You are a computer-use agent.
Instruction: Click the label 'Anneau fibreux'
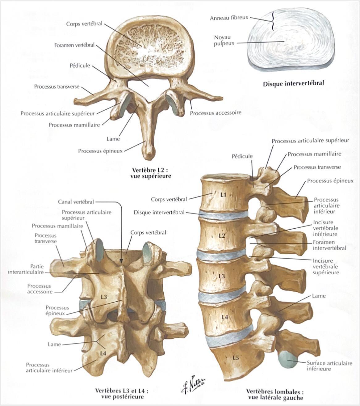click(x=229, y=18)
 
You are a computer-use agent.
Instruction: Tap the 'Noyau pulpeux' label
click(x=224, y=40)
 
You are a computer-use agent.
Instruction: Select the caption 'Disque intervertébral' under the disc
click(x=293, y=83)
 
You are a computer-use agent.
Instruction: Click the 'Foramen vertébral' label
click(x=74, y=45)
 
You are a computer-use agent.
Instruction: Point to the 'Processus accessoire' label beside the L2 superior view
click(x=216, y=113)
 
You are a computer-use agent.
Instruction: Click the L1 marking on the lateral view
click(x=223, y=195)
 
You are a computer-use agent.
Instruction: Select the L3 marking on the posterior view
click(x=104, y=297)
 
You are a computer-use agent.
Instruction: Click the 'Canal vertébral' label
click(x=76, y=202)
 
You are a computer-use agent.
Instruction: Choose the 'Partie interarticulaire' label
click(x=26, y=269)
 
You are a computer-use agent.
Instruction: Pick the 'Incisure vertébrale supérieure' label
click(x=325, y=267)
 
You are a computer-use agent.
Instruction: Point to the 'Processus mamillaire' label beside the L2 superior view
click(x=74, y=125)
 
